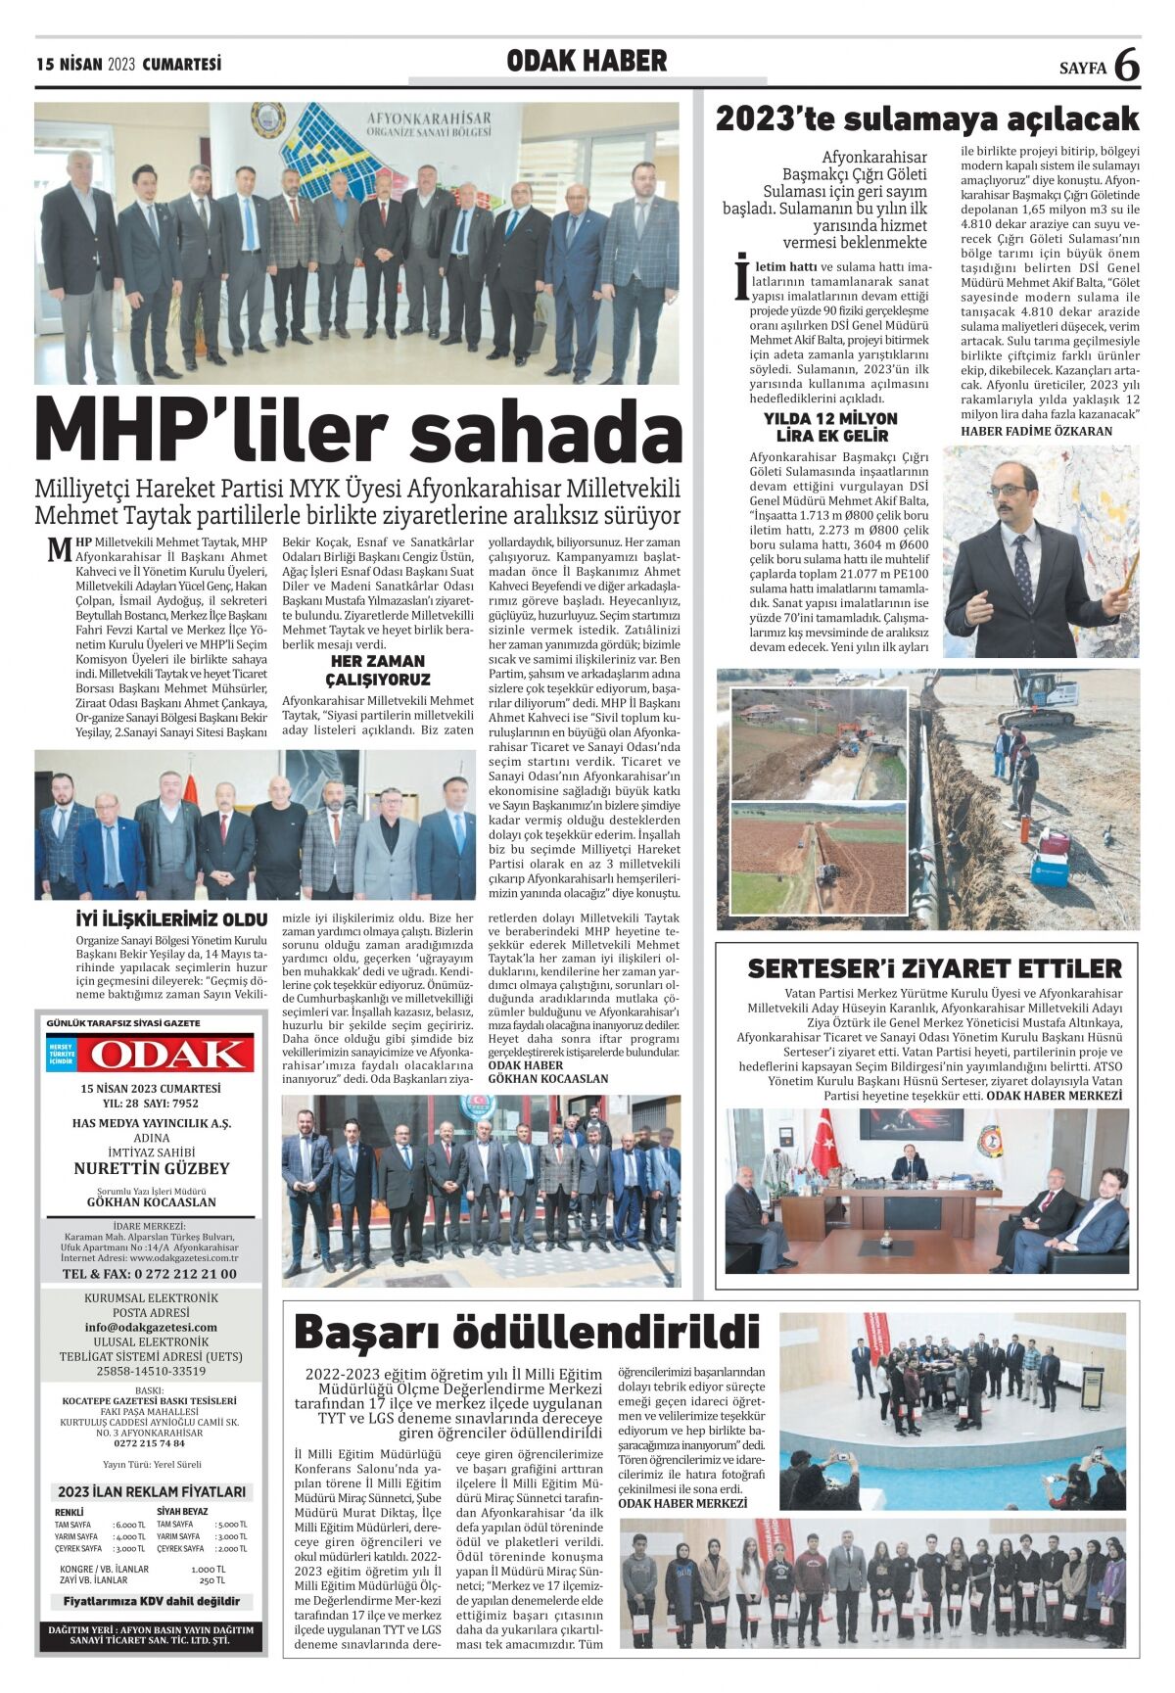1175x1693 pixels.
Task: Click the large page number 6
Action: click(x=1127, y=66)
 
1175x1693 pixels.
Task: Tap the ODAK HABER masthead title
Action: click(x=587, y=62)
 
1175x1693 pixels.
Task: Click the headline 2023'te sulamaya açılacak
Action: click(x=927, y=119)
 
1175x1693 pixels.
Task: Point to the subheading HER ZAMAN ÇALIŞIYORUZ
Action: click(x=378, y=671)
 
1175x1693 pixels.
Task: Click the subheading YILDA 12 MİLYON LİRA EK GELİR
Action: click(x=830, y=427)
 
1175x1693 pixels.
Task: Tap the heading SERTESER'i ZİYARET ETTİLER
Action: click(x=934, y=968)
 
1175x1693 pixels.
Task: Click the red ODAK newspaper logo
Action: click(x=163, y=1055)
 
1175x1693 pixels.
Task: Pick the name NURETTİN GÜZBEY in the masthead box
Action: click(x=151, y=1168)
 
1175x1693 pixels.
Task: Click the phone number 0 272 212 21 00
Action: click(x=149, y=1274)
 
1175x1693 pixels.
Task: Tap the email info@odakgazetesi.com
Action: click(x=151, y=1327)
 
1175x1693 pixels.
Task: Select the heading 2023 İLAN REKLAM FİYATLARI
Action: click(x=151, y=1492)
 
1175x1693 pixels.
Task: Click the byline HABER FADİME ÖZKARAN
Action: click(x=1036, y=431)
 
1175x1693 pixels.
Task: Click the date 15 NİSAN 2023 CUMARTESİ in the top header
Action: click(x=127, y=65)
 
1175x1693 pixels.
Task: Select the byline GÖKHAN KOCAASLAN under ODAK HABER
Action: click(x=547, y=1078)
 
